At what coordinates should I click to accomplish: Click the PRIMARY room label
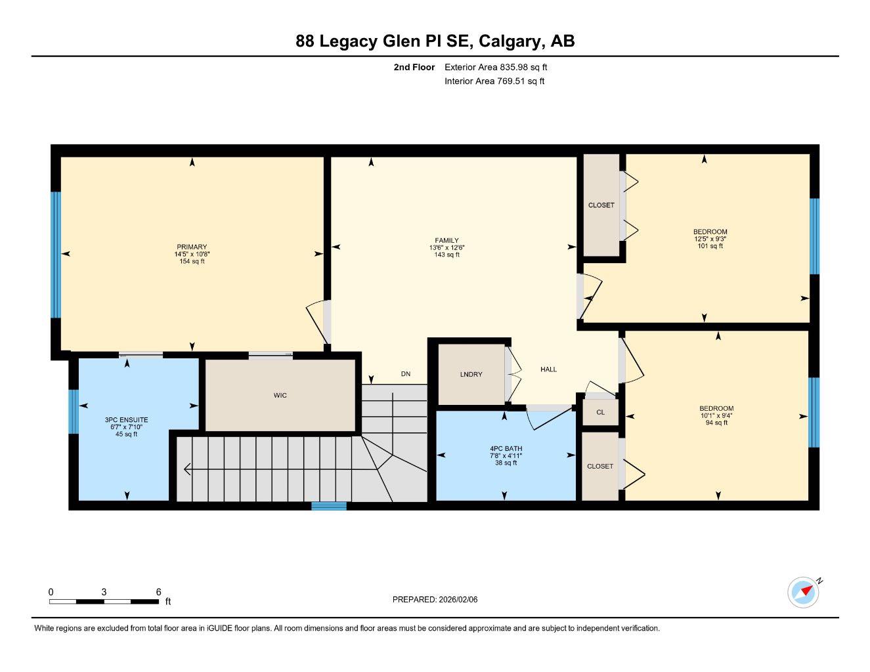[x=192, y=247]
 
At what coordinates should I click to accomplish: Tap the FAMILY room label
[x=446, y=240]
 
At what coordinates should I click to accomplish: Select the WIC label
[x=280, y=395]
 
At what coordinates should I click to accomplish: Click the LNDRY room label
[x=471, y=374]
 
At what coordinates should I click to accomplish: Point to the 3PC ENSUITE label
[x=126, y=419]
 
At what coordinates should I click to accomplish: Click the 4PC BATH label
[x=506, y=448]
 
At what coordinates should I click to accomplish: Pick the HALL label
[x=548, y=369]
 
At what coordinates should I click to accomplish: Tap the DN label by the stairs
[x=406, y=374]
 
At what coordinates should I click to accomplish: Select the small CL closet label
[x=600, y=412]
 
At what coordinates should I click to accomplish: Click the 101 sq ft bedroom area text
[x=710, y=246]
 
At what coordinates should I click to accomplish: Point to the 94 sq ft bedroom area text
[x=716, y=423]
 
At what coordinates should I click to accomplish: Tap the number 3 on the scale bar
[x=104, y=592]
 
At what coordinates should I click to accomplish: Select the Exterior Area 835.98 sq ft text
[x=496, y=67]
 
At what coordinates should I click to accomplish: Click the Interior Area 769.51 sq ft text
[x=494, y=81]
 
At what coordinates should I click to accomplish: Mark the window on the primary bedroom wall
[x=56, y=255]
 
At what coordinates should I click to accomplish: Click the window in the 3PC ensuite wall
[x=74, y=412]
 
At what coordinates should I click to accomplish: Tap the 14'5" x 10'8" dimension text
[x=192, y=254]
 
